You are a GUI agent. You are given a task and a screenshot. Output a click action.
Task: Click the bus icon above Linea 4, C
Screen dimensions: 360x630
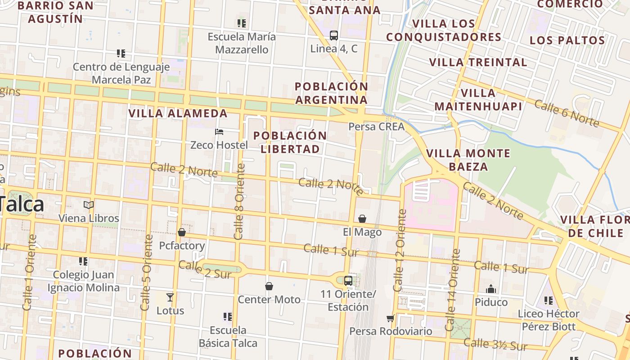[333, 35]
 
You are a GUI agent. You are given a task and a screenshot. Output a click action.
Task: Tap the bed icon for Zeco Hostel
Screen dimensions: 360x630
[219, 132]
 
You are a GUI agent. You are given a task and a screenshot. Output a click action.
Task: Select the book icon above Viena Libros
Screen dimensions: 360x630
[89, 205]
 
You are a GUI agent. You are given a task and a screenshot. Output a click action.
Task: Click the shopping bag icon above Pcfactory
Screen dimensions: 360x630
[182, 232]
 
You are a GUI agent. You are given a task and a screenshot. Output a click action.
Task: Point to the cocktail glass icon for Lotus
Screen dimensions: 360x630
[170, 297]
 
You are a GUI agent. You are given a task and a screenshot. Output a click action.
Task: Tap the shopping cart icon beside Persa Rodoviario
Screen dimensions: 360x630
[390, 318]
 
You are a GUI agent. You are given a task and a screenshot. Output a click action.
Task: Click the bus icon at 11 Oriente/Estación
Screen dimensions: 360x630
[348, 281]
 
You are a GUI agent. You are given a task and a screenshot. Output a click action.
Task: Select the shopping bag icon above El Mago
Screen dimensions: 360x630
[362, 219]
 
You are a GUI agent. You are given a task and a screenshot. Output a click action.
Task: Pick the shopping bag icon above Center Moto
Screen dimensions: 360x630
[269, 286]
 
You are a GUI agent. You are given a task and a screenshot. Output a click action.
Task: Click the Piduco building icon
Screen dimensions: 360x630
[491, 289]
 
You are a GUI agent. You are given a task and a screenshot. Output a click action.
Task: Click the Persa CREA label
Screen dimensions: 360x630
[376, 126]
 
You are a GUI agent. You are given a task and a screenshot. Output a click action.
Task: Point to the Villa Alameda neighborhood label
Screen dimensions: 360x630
[178, 113]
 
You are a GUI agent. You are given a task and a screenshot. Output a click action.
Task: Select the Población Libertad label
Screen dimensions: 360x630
[290, 142]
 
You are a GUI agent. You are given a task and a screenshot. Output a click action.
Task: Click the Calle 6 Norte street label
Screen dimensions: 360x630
[567, 113]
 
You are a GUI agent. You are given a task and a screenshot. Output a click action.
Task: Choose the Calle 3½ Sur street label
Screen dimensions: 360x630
[495, 344]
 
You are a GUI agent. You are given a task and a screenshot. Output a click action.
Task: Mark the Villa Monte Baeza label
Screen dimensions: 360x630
[468, 160]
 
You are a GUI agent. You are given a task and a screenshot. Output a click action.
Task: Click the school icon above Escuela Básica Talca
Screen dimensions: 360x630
[228, 317]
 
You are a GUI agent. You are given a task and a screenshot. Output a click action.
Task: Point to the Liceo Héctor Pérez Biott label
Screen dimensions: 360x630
[549, 320]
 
